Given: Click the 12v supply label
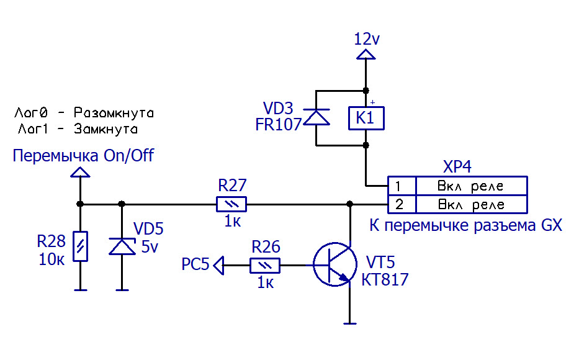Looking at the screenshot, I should pyautogui.click(x=366, y=39).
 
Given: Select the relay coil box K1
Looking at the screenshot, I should pyautogui.click(x=366, y=117).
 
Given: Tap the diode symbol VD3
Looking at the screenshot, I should pyautogui.click(x=316, y=118).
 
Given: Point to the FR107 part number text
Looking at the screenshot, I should pyautogui.click(x=278, y=124).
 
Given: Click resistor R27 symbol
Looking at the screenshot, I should pyautogui.click(x=231, y=204).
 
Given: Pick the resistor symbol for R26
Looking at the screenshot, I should pyautogui.click(x=265, y=266).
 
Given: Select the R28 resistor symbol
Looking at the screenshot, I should pyautogui.click(x=80, y=245).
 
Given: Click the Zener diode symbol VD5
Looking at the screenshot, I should pyautogui.click(x=122, y=246).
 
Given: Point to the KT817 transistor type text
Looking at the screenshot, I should pyautogui.click(x=385, y=280).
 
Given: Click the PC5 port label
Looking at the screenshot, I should pyautogui.click(x=195, y=266).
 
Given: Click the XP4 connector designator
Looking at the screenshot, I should pyautogui.click(x=457, y=168).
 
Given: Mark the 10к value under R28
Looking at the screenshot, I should pyautogui.click(x=51, y=259).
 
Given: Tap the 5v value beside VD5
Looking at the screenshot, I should pyautogui.click(x=150, y=247).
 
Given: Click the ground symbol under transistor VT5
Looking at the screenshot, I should pyautogui.click(x=350, y=322).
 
